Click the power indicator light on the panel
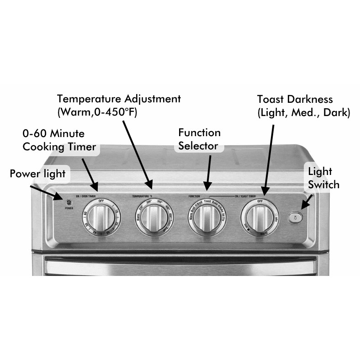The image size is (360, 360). pyautogui.click(x=69, y=202)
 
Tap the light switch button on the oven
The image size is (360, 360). pyautogui.click(x=294, y=217)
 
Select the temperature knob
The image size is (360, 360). pyautogui.click(x=152, y=217)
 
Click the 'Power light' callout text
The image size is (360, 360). pyautogui.click(x=38, y=174)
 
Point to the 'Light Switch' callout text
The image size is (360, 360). pyautogui.click(x=323, y=178)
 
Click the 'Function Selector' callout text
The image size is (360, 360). pyautogui.click(x=199, y=139)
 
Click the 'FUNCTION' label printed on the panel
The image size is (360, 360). pyautogui.click(x=195, y=196)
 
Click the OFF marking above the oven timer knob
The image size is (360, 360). pyautogui.click(x=101, y=201)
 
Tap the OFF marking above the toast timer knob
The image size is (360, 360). pyautogui.click(x=259, y=201)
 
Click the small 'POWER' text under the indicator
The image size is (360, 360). pyautogui.click(x=69, y=208)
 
